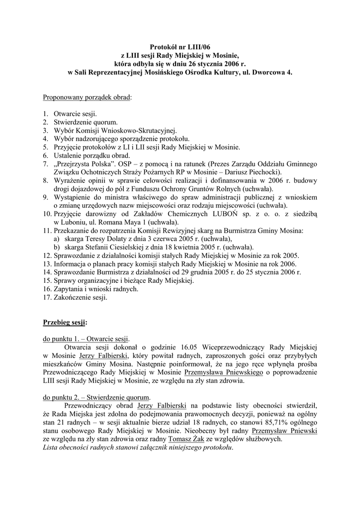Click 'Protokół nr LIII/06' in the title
click(180, 46)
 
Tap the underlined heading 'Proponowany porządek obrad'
click(88, 97)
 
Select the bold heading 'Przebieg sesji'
click(65, 322)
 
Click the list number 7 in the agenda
click(45, 163)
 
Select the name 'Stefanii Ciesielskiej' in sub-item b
click(109, 247)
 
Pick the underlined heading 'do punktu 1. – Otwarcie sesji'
click(87, 338)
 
